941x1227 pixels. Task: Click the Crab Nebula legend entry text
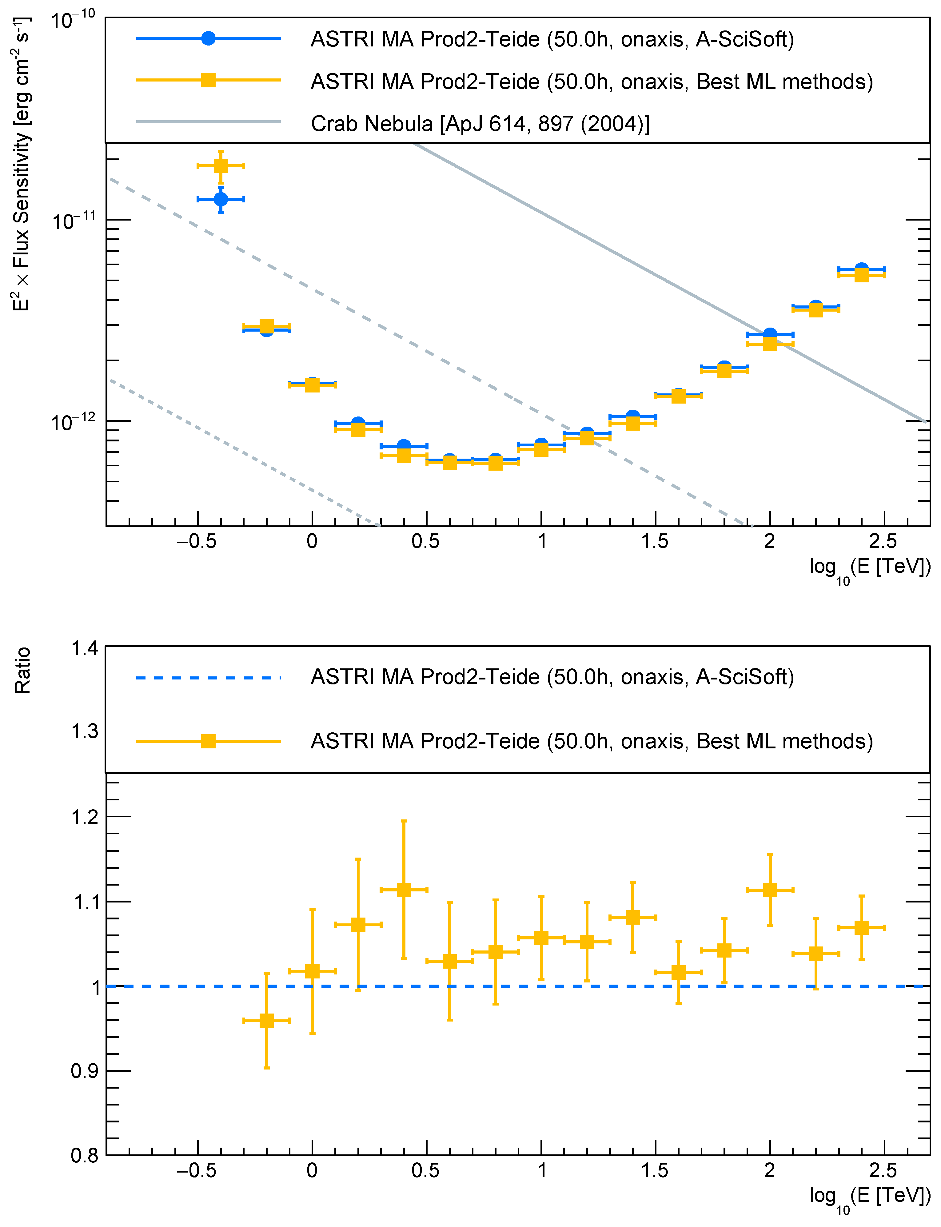tap(480, 124)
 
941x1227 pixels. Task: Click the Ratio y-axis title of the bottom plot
tap(22, 670)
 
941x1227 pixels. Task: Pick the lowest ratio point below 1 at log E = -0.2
tap(267, 1020)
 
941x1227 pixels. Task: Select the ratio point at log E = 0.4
tap(404, 889)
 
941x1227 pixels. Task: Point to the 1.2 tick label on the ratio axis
tap(84, 817)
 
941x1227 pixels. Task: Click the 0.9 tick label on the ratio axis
tap(84, 1071)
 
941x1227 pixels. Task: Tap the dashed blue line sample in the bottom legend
tap(208, 678)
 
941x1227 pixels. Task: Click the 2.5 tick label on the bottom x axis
tap(883, 1170)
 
